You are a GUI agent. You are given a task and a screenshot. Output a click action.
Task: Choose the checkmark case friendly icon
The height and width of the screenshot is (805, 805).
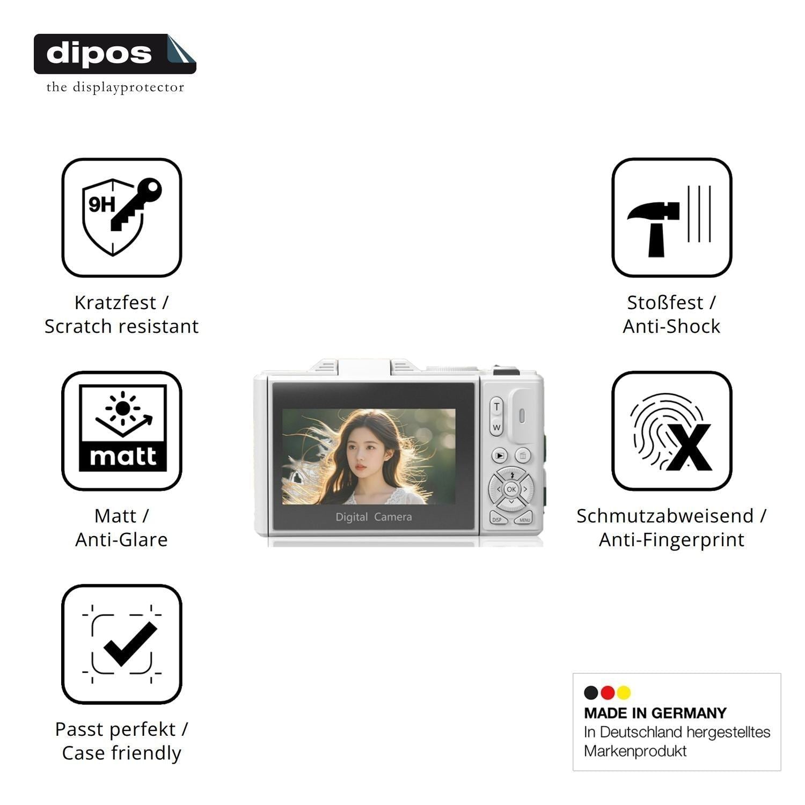(122, 643)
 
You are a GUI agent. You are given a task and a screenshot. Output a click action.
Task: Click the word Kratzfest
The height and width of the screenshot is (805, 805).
(115, 303)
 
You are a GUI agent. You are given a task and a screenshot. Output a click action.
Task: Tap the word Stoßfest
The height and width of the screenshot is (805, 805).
(665, 303)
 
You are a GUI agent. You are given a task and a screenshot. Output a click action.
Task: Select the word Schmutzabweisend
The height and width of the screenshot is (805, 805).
(665, 516)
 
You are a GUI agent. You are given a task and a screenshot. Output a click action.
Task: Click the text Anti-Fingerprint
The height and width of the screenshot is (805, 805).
(671, 540)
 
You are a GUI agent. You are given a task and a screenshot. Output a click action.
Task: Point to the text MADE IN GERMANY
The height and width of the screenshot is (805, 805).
(655, 713)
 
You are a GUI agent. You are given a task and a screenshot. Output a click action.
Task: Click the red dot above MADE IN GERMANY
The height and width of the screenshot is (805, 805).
(608, 693)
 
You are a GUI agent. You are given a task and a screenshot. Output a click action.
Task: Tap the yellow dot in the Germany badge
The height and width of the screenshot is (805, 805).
(624, 693)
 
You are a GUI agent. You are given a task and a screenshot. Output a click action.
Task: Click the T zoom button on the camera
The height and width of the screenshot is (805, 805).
(496, 407)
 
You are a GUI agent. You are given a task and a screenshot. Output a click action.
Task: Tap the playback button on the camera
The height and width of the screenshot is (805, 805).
(500, 456)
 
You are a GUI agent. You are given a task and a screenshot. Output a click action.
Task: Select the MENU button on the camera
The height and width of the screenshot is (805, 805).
(524, 519)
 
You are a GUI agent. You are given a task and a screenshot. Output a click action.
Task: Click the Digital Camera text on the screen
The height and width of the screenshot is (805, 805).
(374, 517)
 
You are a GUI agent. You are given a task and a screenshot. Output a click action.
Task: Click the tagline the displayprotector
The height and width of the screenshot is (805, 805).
(115, 87)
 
